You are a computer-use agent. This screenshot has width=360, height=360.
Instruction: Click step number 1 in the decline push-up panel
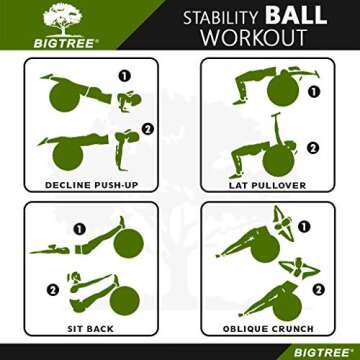124,75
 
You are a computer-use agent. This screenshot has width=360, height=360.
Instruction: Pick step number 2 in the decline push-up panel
146,128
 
